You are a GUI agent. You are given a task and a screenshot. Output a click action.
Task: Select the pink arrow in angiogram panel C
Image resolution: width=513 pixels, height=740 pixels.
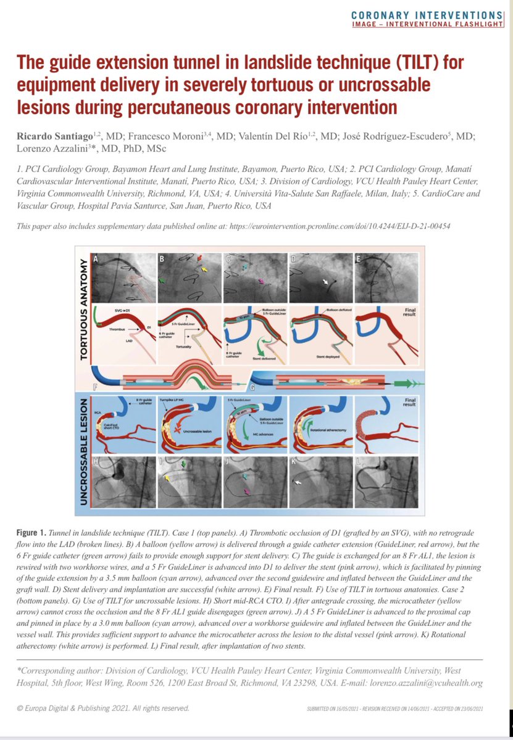(x=265, y=282)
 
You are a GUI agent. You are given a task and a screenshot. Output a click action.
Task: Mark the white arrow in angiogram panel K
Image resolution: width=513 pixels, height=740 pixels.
(x=299, y=483)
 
